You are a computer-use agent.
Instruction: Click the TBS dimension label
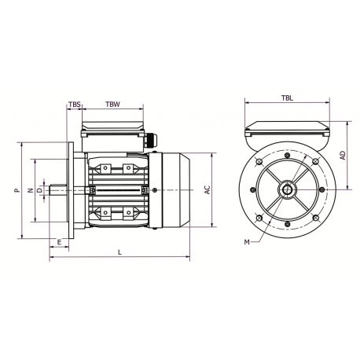click(x=75, y=104)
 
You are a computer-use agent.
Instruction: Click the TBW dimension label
click(x=112, y=104)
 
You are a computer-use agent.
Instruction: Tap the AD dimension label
click(x=343, y=156)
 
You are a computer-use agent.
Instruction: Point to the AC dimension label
click(x=207, y=190)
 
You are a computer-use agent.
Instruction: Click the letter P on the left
click(x=17, y=190)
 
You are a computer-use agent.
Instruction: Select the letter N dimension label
click(x=30, y=190)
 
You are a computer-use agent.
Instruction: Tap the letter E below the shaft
click(x=61, y=242)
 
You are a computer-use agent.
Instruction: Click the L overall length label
click(x=119, y=252)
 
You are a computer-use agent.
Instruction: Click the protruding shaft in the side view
click(x=59, y=190)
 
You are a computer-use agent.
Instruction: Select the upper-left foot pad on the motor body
click(x=105, y=167)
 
